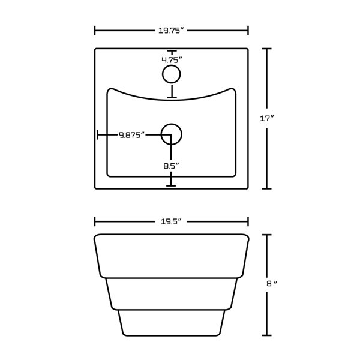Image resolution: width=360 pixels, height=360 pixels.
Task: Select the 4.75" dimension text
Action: pos(172,60)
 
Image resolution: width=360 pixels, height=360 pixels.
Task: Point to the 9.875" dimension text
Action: pos(131,135)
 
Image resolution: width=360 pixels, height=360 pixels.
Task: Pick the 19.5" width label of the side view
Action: pos(172,221)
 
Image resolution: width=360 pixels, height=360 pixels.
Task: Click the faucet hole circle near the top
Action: pos(172,75)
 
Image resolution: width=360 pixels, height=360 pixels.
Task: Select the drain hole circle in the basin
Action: pos(172,133)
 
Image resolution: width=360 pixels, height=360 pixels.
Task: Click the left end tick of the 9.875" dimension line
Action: pos(98,135)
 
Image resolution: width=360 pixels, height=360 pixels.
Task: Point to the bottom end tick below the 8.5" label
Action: pos(172,186)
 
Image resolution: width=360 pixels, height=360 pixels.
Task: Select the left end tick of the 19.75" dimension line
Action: pos(95,30)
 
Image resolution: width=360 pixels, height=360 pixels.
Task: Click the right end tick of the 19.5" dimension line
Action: pos(248,221)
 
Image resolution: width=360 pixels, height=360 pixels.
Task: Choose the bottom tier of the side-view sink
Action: pos(172,323)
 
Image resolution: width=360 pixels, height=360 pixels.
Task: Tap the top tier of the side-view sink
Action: pos(172,255)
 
